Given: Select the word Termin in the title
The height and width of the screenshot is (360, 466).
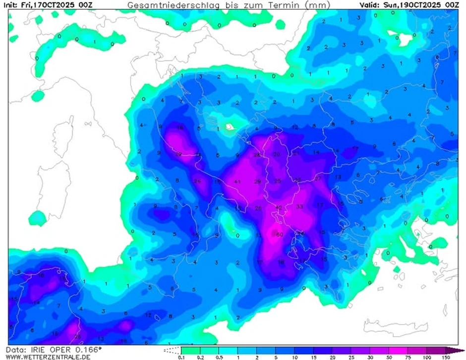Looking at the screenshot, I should [282, 5].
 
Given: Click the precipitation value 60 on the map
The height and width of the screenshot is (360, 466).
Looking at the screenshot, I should [280, 235].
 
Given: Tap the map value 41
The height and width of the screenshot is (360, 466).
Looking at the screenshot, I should [237, 182].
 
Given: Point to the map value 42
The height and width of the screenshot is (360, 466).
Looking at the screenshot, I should [279, 208].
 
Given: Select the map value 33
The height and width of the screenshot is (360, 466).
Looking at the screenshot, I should [299, 206].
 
